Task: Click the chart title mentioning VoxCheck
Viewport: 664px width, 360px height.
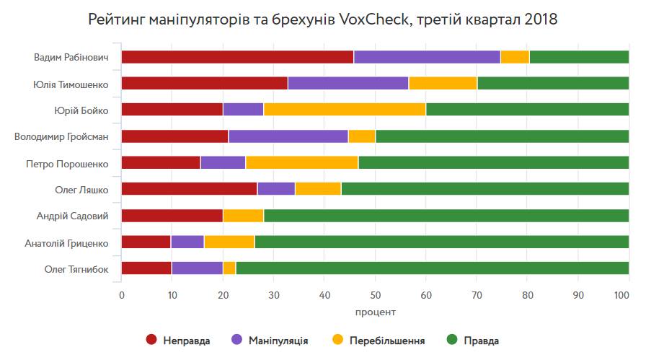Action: (x=322, y=19)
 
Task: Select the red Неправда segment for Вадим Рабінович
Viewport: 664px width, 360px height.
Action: (x=237, y=57)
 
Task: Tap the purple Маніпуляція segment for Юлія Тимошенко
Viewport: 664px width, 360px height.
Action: (x=348, y=84)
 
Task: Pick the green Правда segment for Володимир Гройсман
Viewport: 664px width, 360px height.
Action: (x=502, y=136)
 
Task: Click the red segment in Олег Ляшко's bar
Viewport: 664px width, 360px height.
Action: (x=189, y=189)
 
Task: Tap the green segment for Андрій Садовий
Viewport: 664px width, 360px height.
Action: (x=446, y=216)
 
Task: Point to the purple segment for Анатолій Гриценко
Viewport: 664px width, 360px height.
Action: (x=187, y=242)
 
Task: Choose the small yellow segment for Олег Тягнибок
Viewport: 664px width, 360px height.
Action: (x=229, y=268)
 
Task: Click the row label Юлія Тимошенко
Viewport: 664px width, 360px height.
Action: (x=71, y=84)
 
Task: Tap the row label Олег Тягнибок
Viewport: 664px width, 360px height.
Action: (x=76, y=268)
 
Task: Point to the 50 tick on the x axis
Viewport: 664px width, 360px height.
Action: (x=375, y=294)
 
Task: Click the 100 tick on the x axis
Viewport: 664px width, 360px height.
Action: (x=622, y=294)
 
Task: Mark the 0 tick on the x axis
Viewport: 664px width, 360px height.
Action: (x=121, y=294)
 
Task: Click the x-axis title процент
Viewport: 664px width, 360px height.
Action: (x=375, y=312)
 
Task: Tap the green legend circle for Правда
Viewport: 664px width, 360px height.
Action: (x=453, y=340)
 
